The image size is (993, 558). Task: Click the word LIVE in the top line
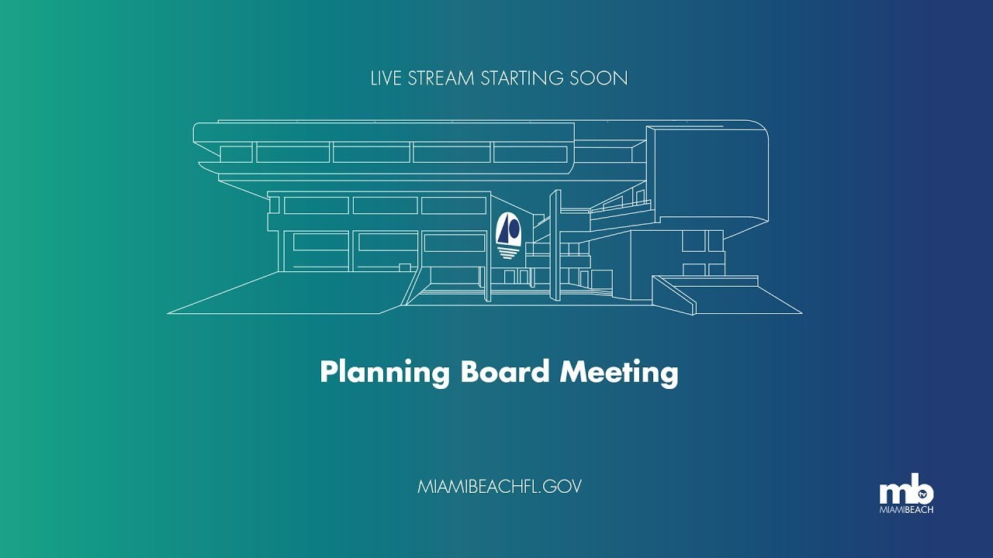point(386,78)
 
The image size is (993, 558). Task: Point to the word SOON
point(601,78)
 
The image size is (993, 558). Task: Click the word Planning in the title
point(385,373)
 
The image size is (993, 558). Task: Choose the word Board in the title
point(505,372)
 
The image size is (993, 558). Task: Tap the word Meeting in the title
point(619,373)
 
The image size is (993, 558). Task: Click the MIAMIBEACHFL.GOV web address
point(499,487)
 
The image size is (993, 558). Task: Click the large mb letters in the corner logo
point(900,493)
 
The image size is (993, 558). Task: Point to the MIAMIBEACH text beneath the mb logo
point(906,510)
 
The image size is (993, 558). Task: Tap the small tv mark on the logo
point(923,493)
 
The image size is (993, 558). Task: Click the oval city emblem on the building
point(510,229)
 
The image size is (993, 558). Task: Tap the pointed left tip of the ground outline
point(170,313)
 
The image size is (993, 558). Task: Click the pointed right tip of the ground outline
point(800,313)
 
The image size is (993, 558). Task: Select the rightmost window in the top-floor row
point(531,153)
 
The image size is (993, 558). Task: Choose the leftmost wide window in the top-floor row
point(292,153)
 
